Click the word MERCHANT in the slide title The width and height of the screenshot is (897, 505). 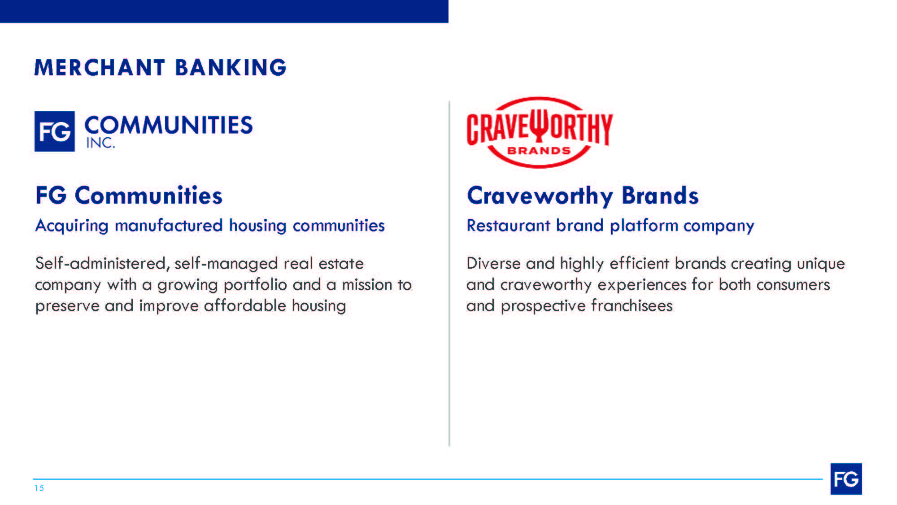click(x=100, y=68)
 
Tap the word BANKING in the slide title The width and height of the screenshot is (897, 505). click(x=231, y=68)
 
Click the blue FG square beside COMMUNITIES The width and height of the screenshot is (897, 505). click(x=55, y=131)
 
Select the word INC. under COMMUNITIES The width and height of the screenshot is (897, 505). click(x=100, y=143)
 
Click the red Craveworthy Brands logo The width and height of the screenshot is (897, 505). click(x=540, y=132)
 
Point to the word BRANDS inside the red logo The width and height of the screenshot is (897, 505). click(x=539, y=151)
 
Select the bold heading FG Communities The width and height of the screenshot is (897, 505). click(x=129, y=196)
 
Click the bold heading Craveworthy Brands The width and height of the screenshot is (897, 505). click(x=583, y=196)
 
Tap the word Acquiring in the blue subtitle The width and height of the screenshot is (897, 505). click(x=72, y=226)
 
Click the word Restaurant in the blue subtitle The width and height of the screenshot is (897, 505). click(x=508, y=225)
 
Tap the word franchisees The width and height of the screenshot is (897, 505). click(x=631, y=305)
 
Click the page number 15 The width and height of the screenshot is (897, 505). click(x=39, y=488)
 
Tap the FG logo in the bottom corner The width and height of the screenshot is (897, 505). click(x=846, y=479)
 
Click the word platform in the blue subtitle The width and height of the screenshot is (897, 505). click(x=644, y=226)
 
